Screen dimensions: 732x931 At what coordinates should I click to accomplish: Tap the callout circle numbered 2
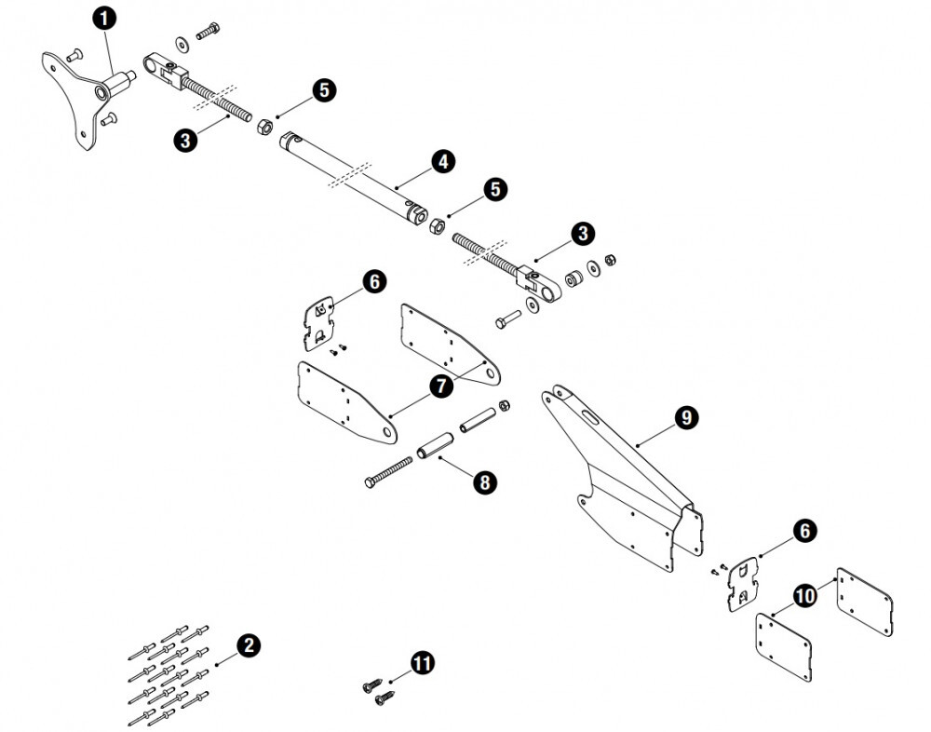click(248, 645)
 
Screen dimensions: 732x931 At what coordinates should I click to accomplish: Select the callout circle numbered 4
click(443, 161)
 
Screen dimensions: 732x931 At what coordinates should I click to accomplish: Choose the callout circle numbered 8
click(484, 481)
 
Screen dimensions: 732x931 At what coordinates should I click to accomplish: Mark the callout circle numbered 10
click(804, 594)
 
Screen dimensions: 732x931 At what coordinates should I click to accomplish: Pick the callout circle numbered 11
click(423, 663)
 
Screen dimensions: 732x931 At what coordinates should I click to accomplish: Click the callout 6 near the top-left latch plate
click(372, 281)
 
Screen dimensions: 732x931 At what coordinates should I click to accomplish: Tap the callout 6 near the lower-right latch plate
click(804, 531)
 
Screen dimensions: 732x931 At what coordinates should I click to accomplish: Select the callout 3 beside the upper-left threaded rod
click(186, 141)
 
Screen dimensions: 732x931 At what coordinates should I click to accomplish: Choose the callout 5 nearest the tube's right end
click(494, 189)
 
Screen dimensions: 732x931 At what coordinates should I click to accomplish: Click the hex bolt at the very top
click(207, 32)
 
